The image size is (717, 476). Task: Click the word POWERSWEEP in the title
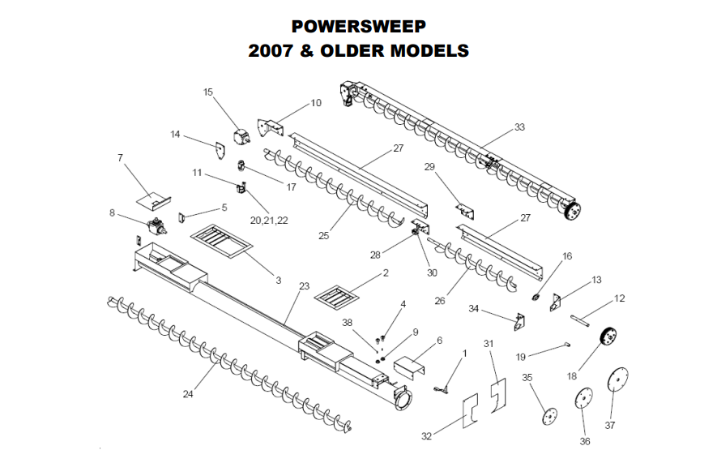click(357, 26)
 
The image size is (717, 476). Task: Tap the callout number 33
click(519, 127)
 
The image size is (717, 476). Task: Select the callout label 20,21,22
click(270, 220)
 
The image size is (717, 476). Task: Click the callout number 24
click(187, 395)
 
